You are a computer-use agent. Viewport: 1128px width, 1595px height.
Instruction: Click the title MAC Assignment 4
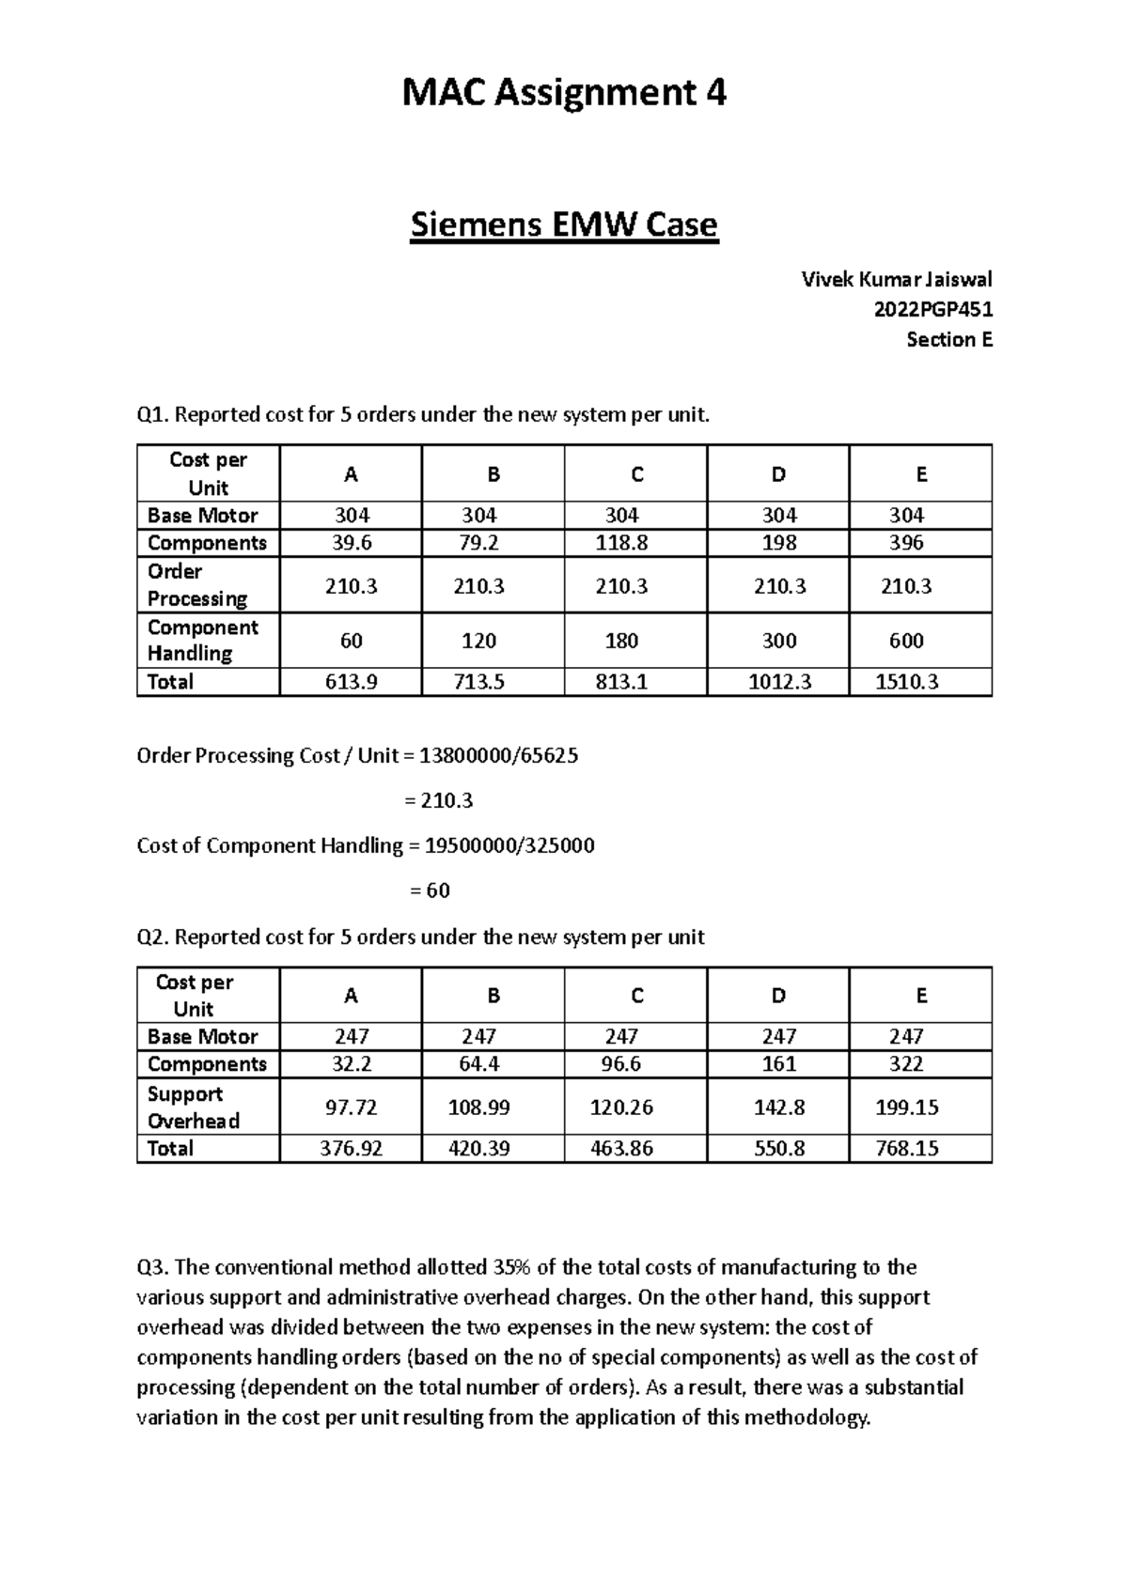(564, 93)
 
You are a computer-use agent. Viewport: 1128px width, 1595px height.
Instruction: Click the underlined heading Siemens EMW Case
(564, 225)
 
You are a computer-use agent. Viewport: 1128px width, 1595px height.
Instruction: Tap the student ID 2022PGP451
(932, 309)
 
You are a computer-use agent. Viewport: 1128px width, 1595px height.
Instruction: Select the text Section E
(948, 339)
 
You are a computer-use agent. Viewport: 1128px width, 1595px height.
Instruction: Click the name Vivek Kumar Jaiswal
(896, 279)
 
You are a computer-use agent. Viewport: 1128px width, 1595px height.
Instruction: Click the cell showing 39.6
(351, 543)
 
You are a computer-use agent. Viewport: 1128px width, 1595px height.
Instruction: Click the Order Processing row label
(197, 585)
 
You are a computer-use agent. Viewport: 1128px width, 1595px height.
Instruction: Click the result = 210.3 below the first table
(438, 800)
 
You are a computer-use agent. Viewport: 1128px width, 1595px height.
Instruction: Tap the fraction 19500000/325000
(509, 845)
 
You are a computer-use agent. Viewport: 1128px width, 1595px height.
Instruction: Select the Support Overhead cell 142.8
(779, 1107)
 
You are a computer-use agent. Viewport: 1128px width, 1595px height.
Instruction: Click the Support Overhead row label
(194, 1107)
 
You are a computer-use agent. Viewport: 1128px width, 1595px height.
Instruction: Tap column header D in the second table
(778, 996)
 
